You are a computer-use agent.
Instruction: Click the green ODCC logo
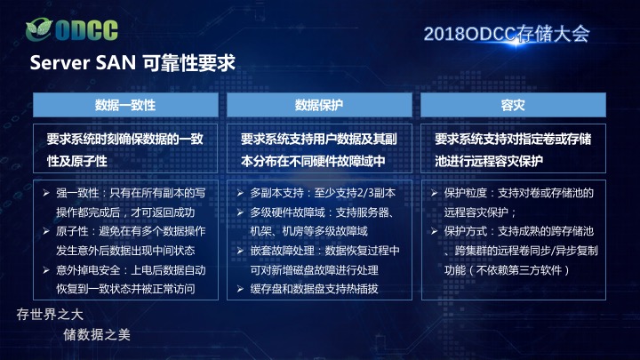pyautogui.click(x=72, y=30)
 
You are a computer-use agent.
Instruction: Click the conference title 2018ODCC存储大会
pyautogui.click(x=507, y=34)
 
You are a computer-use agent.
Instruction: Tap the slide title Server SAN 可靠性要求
pyautogui.click(x=132, y=63)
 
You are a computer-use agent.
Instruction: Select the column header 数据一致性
pyautogui.click(x=125, y=105)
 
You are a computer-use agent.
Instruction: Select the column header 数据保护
pyautogui.click(x=319, y=105)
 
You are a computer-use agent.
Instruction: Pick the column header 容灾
pyautogui.click(x=513, y=105)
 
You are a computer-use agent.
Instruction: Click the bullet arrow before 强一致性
pyautogui.click(x=46, y=193)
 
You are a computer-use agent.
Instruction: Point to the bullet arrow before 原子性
pyautogui.click(x=46, y=231)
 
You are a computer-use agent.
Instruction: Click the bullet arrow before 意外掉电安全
pyautogui.click(x=46, y=270)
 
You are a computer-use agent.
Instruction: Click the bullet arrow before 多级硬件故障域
pyautogui.click(x=240, y=212)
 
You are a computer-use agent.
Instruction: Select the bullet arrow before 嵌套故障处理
pyautogui.click(x=240, y=251)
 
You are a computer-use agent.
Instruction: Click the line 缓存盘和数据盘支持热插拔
pyautogui.click(x=315, y=289)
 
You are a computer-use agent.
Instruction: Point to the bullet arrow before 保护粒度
pyautogui.click(x=435, y=193)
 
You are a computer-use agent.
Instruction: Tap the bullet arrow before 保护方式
pyautogui.click(x=435, y=231)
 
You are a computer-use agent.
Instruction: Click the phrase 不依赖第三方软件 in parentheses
pyautogui.click(x=519, y=270)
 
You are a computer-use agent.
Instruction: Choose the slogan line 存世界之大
pyautogui.click(x=50, y=315)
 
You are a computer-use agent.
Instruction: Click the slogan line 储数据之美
pyautogui.click(x=97, y=335)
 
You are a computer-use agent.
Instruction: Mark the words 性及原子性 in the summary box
pyautogui.click(x=77, y=161)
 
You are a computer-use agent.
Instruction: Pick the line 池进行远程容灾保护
pyautogui.click(x=489, y=161)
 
